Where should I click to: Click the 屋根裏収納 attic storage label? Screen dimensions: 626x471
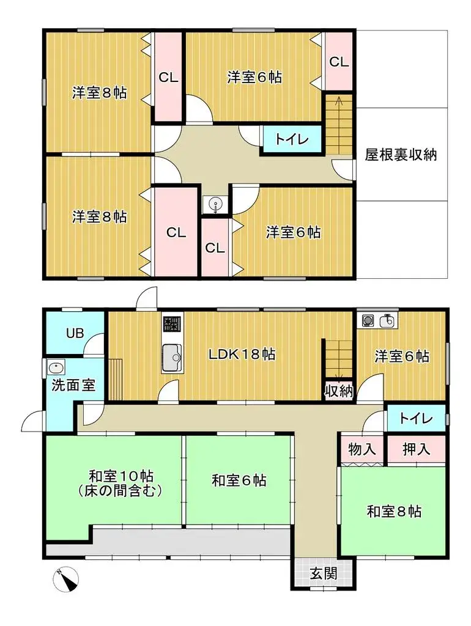click(x=401, y=155)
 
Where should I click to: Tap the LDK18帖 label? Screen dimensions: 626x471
click(x=242, y=354)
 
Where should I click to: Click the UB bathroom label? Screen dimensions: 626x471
click(x=75, y=334)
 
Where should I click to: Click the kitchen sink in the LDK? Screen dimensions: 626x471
click(x=171, y=358)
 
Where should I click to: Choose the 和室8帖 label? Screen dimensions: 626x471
click(x=394, y=511)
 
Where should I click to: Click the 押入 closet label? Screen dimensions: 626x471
click(x=417, y=450)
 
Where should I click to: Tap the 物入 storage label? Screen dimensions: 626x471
click(x=362, y=450)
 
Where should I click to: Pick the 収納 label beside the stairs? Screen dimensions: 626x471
click(x=338, y=391)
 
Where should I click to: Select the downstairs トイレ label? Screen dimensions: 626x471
click(x=416, y=419)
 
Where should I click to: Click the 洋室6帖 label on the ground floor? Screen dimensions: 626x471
click(x=402, y=356)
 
